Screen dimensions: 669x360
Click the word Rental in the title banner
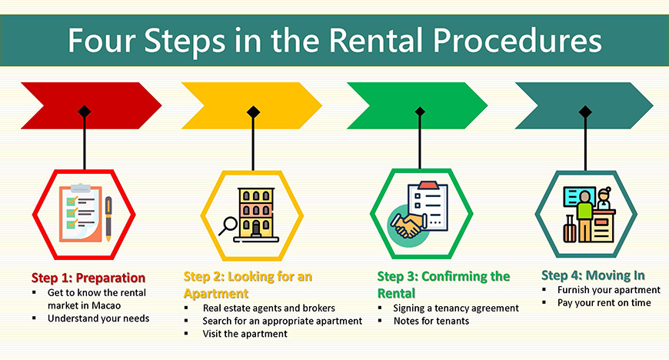click(376, 40)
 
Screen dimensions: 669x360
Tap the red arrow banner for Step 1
click(92, 105)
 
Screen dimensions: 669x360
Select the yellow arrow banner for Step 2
click(251, 105)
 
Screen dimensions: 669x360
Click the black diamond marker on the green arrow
click(420, 112)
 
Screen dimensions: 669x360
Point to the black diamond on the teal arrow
click(585, 112)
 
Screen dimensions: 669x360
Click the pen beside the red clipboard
click(108, 218)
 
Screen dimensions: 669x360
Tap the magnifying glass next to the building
click(228, 226)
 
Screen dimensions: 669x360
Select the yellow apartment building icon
click(256, 215)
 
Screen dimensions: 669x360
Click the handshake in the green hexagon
click(407, 225)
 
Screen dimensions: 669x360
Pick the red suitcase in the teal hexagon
click(570, 229)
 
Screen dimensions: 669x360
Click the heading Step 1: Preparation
click(88, 278)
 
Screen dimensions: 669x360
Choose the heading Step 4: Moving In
click(593, 275)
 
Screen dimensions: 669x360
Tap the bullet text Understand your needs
click(98, 318)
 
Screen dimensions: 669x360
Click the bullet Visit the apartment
click(245, 334)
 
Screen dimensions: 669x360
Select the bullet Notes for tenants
click(431, 321)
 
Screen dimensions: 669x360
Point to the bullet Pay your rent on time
click(604, 303)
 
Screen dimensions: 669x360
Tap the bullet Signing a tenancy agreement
click(456, 308)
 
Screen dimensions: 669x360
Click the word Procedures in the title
click(517, 40)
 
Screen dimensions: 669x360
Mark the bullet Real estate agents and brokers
click(269, 308)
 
